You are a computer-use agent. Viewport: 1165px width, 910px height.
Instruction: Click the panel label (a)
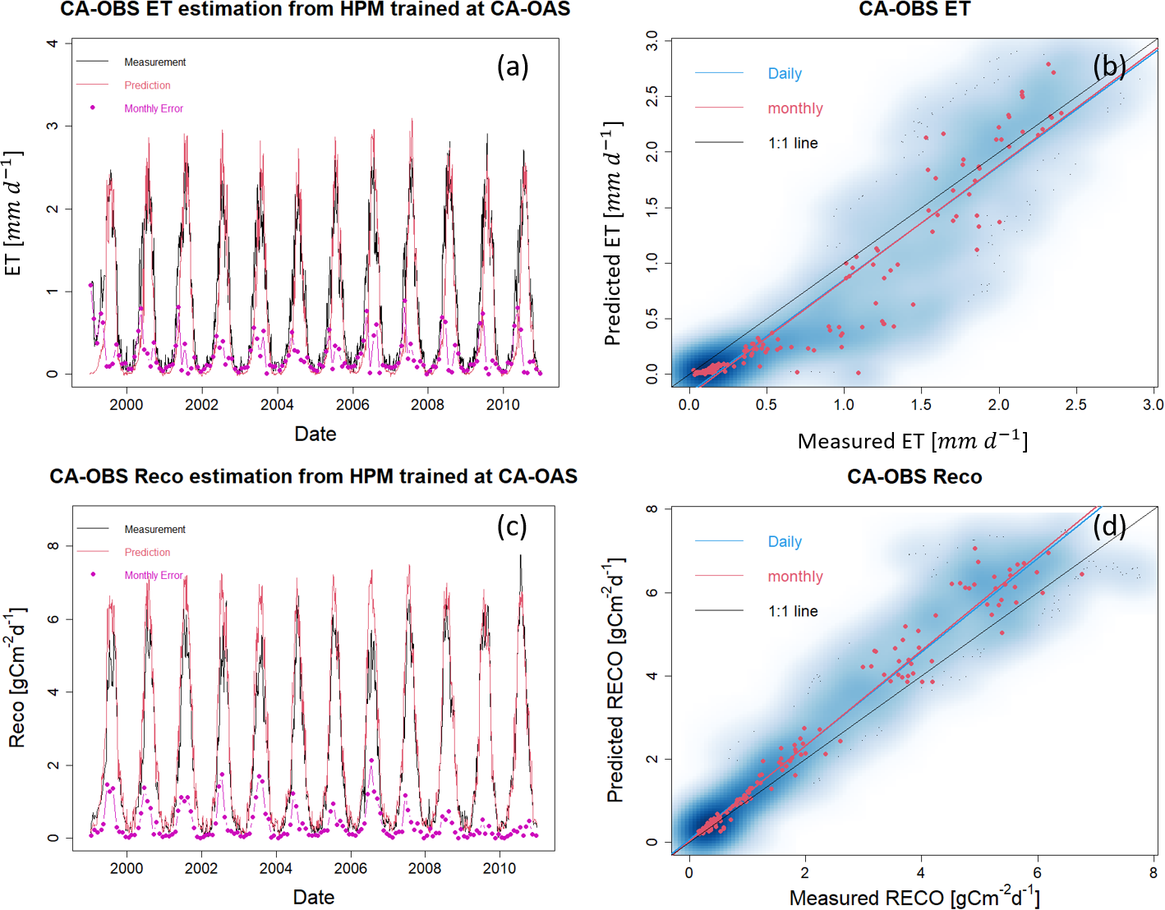513,67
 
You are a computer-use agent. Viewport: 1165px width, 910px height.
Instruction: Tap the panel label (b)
1109,67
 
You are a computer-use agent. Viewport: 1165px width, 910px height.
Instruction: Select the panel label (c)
512,526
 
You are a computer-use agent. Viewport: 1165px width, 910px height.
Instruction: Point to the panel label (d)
1109,526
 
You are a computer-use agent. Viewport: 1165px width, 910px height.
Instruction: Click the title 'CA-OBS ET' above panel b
914,10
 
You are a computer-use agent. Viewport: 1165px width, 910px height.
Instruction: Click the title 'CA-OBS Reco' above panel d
914,477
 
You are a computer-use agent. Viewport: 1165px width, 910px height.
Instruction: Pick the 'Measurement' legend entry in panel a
154,62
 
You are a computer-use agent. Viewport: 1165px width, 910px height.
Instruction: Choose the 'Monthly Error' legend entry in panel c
154,576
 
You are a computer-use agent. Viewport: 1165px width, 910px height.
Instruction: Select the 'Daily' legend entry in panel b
785,74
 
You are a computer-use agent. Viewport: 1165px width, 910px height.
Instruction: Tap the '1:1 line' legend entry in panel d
793,611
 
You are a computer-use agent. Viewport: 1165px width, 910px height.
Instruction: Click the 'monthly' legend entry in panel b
794,108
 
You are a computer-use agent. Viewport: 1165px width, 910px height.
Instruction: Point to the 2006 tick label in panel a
352,404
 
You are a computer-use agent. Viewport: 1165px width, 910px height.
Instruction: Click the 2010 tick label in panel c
500,868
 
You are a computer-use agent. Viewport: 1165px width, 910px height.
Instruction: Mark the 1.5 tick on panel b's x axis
921,404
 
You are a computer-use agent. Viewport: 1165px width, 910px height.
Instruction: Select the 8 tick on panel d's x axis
1153,873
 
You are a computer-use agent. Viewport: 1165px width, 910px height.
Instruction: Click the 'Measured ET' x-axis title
912,442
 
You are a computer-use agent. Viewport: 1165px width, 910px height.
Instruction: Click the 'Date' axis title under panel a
315,434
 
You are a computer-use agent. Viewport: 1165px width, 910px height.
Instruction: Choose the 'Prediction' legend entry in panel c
147,553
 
